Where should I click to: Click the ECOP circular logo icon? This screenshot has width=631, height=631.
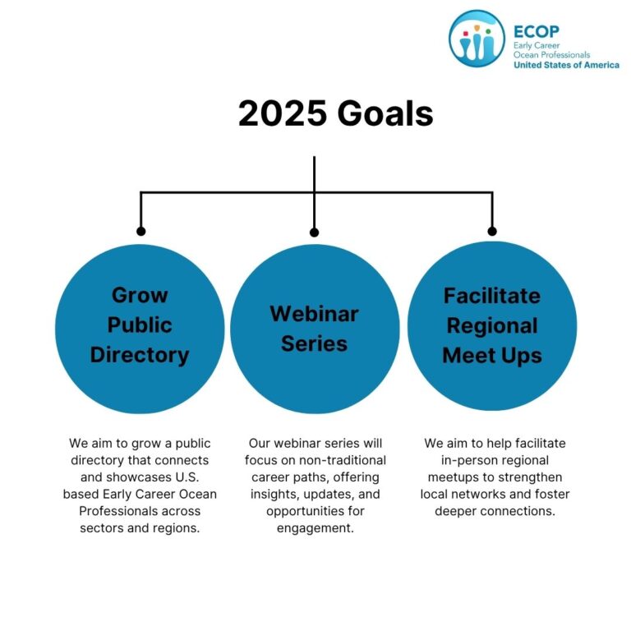(x=477, y=39)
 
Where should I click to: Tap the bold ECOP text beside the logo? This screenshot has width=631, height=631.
(x=537, y=32)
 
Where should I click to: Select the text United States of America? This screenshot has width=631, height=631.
(x=566, y=65)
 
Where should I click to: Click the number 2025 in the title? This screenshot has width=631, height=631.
(x=282, y=113)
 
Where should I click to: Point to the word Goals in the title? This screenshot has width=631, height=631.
(x=385, y=113)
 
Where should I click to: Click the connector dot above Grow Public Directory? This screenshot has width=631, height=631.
(x=140, y=231)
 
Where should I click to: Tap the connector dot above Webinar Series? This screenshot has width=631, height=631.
(x=315, y=233)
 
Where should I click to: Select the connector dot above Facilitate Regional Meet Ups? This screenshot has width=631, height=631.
(x=492, y=231)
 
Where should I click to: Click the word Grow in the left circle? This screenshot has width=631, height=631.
(x=140, y=296)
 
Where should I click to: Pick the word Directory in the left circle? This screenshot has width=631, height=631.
(x=140, y=355)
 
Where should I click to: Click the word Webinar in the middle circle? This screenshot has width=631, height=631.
(x=315, y=314)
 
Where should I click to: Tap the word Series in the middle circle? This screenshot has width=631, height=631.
(x=315, y=343)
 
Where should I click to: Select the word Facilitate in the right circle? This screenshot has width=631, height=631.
(x=492, y=296)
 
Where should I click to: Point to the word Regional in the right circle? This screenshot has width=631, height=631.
(x=492, y=326)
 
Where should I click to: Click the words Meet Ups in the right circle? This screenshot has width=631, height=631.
(x=492, y=356)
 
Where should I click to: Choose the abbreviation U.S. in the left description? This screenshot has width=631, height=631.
(x=187, y=477)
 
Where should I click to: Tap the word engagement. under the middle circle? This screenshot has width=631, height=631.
(x=315, y=528)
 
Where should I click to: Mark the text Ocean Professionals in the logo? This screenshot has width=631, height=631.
(x=551, y=55)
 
